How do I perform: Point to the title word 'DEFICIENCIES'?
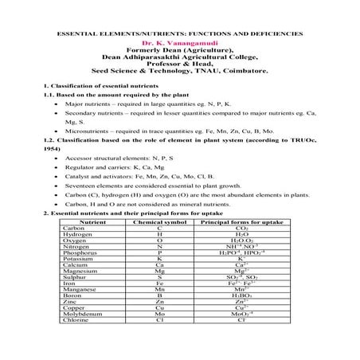click(x=275, y=36)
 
